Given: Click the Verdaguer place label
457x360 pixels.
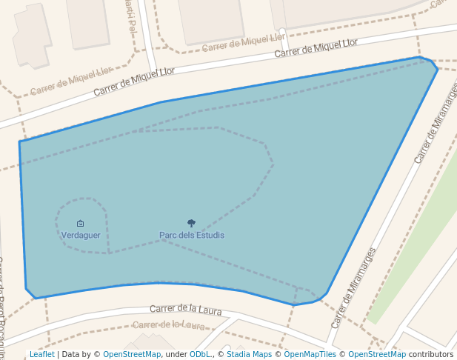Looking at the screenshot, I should (x=81, y=235).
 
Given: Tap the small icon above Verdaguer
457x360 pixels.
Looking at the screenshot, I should (x=81, y=223).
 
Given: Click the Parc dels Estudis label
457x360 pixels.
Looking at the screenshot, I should (x=191, y=236).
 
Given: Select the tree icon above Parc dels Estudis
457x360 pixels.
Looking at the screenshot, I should (x=191, y=223).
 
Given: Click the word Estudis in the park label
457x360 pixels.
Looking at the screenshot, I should (x=210, y=236).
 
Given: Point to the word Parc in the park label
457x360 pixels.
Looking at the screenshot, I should (x=167, y=236).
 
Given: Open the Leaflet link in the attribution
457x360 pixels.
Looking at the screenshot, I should (x=41, y=355).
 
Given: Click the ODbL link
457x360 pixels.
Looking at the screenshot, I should (x=200, y=355).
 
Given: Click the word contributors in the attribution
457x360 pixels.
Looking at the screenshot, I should (x=430, y=355).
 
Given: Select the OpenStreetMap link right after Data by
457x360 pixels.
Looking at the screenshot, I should (x=131, y=355).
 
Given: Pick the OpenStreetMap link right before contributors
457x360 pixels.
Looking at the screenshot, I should (x=376, y=355).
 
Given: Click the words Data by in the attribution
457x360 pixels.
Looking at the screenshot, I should (x=78, y=355).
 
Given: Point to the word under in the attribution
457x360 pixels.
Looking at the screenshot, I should (x=176, y=355).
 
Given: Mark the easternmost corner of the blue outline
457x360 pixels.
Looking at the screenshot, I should (x=437, y=70).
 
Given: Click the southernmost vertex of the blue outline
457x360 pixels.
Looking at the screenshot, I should (x=294, y=305).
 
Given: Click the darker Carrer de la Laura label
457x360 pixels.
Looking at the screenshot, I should (x=186, y=310).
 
